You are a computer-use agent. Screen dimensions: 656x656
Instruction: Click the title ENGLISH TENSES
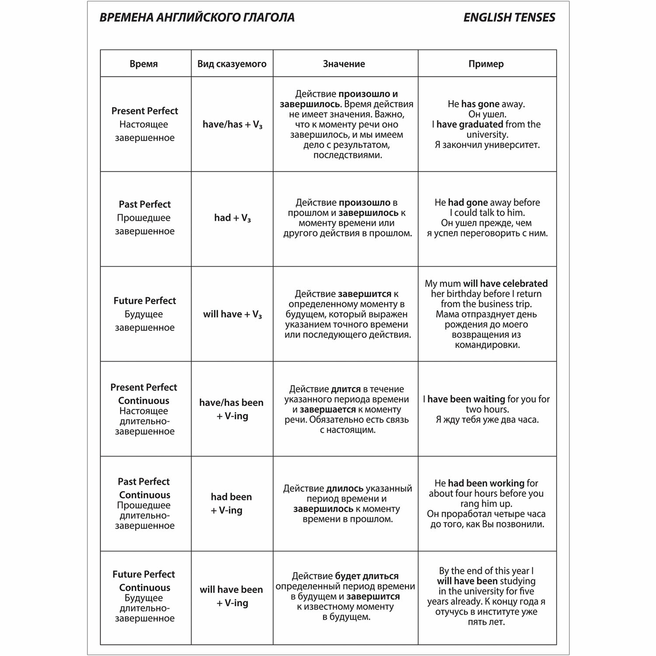[509, 17]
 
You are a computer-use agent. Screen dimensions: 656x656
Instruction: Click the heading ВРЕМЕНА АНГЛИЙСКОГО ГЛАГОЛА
[197, 17]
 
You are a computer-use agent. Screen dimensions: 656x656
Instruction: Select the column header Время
[143, 64]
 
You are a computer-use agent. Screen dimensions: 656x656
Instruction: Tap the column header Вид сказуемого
[232, 64]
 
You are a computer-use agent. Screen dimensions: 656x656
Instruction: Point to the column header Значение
[344, 64]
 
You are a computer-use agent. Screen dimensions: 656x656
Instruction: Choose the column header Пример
[486, 64]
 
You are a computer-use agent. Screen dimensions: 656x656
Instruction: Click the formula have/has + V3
[232, 125]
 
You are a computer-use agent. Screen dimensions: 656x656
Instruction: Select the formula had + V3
[232, 218]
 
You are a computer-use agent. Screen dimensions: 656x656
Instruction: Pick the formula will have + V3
[232, 314]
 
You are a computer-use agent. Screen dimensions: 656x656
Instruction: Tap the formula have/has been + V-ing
[231, 409]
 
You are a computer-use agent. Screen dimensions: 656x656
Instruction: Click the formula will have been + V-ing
[231, 596]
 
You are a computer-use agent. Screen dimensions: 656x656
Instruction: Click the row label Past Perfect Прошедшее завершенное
[145, 217]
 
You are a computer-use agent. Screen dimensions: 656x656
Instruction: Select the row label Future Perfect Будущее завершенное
[145, 314]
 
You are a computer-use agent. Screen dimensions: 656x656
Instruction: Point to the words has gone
[480, 104]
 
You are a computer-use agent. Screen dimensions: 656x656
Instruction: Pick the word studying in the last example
[517, 581]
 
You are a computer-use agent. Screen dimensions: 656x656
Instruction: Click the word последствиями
[348, 155]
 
